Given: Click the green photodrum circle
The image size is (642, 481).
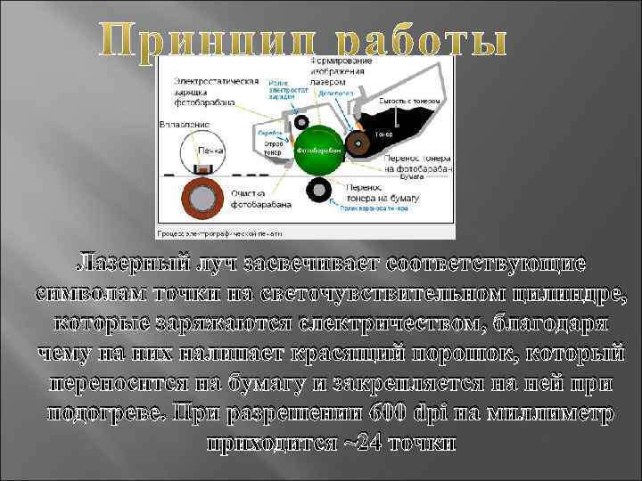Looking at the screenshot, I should click(x=319, y=149).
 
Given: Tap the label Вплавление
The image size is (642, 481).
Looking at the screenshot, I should click(x=185, y=124).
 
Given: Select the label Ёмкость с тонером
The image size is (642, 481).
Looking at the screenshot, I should click(x=406, y=103).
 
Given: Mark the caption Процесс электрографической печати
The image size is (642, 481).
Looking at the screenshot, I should click(x=218, y=233).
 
